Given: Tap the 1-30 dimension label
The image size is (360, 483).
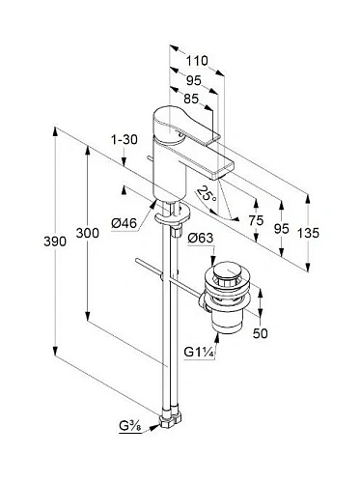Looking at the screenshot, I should pos(124,140).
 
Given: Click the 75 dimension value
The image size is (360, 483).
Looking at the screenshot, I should pos(255,219).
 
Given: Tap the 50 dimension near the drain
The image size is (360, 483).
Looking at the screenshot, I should pos(261,332).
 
